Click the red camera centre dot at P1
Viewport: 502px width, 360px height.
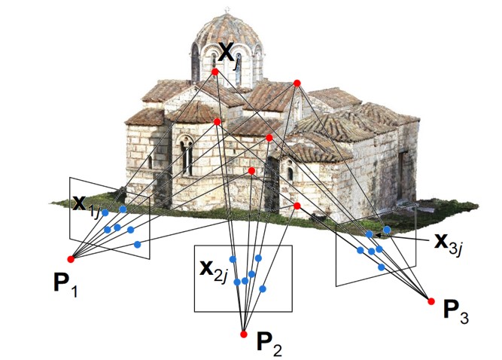click(x=71, y=258)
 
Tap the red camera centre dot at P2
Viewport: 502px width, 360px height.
click(x=243, y=334)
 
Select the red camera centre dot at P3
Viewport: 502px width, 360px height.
click(x=431, y=301)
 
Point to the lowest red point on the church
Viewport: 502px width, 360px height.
click(x=297, y=206)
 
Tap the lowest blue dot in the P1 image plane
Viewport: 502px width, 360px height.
click(x=137, y=244)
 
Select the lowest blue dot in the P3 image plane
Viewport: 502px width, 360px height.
click(x=382, y=267)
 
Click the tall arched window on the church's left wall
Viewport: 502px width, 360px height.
click(x=185, y=155)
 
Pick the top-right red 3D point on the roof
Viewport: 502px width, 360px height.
click(x=297, y=82)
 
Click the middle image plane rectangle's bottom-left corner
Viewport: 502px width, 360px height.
click(x=195, y=311)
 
